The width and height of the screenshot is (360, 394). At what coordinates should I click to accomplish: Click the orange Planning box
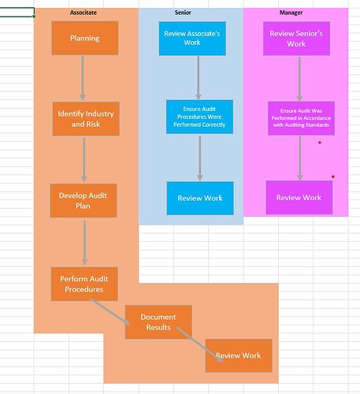point(85,39)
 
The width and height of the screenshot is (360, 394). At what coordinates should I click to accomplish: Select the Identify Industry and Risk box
point(86,119)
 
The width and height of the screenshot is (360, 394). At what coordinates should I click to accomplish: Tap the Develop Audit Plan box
point(84,201)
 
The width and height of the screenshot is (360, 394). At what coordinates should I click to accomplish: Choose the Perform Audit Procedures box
point(84,284)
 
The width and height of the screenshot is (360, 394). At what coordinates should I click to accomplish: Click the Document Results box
point(158,322)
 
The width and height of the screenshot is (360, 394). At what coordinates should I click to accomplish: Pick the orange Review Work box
point(239,355)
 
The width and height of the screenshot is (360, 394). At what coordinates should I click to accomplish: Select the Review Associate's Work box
point(192,39)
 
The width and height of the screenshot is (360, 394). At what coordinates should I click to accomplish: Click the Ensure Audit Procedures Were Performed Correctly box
point(199,117)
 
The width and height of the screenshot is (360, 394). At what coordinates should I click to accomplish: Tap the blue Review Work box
point(200,199)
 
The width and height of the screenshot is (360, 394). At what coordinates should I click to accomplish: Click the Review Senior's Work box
point(296,39)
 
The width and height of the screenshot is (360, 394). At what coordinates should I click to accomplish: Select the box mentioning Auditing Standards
point(301,118)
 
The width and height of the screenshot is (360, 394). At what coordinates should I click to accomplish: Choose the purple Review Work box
point(299,198)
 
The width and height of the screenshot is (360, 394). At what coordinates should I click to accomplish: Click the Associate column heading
point(84,13)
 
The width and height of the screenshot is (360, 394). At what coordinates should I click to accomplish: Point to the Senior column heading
point(183,13)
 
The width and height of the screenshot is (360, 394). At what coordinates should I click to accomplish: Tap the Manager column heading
point(291,13)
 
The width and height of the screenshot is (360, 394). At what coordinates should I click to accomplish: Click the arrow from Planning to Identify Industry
point(83,78)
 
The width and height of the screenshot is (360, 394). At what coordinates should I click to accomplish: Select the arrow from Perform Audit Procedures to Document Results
point(110,312)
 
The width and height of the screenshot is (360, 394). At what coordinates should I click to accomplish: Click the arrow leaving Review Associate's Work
point(199,78)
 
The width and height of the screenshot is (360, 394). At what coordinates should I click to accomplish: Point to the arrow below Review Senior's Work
point(299,79)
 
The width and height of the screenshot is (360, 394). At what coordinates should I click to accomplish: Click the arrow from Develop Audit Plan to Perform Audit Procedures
point(84,243)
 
